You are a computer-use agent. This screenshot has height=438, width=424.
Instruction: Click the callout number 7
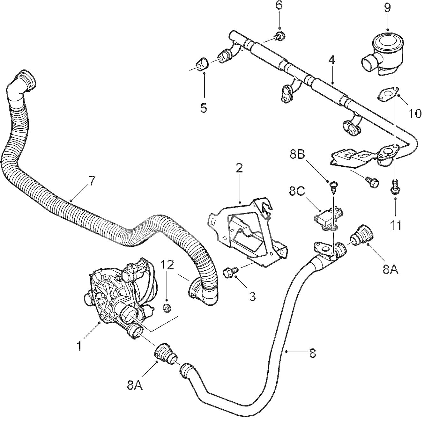pyautogui.click(x=92, y=181)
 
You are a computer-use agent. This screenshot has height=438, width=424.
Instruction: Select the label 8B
pyautogui.click(x=298, y=155)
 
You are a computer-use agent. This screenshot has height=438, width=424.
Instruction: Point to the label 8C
pyautogui.click(x=298, y=192)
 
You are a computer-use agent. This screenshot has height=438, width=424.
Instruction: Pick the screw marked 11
pyautogui.click(x=395, y=186)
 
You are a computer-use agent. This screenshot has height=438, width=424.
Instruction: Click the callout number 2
pyautogui.click(x=239, y=168)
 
